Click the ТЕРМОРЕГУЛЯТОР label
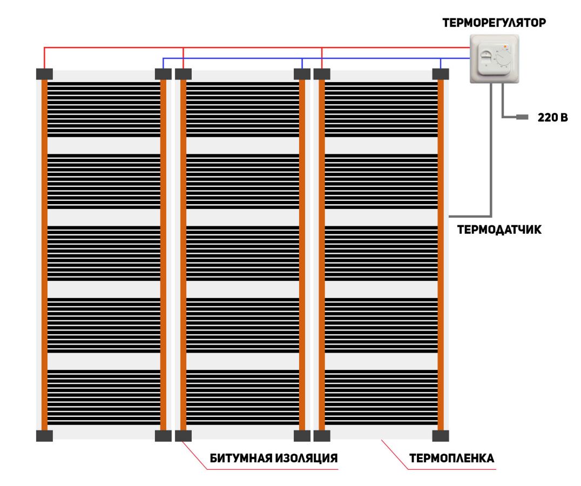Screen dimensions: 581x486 pyautogui.click(x=494, y=23)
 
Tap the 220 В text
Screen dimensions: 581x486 pyautogui.click(x=552, y=117)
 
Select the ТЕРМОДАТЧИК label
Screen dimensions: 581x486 pyautogui.click(x=499, y=230)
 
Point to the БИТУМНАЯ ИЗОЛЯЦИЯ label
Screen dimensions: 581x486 pyautogui.click(x=274, y=458)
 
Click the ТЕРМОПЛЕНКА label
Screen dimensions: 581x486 pyautogui.click(x=452, y=458)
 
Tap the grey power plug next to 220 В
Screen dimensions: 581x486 pyautogui.click(x=522, y=117)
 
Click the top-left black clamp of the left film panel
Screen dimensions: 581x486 pyautogui.click(x=44, y=74)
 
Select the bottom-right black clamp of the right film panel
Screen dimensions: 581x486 pyautogui.click(x=441, y=436)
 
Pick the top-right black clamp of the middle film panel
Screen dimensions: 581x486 pyautogui.click(x=302, y=74)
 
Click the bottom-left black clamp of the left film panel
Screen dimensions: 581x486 pyautogui.click(x=44, y=436)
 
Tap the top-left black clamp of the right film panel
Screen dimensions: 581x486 pyautogui.click(x=322, y=74)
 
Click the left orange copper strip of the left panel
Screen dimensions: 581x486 pyautogui.click(x=44, y=255)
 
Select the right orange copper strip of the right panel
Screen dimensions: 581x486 pyautogui.click(x=441, y=255)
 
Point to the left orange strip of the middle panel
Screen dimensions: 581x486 pyautogui.click(x=183, y=255)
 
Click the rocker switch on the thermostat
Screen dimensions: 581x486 pyautogui.click(x=485, y=58)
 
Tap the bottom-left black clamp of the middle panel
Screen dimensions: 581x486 pyautogui.click(x=183, y=436)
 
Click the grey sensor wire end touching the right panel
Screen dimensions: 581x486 pyautogui.click(x=449, y=216)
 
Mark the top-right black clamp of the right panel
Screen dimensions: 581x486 pyautogui.click(x=441, y=74)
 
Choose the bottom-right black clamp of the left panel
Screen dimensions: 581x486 pyautogui.click(x=163, y=436)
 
